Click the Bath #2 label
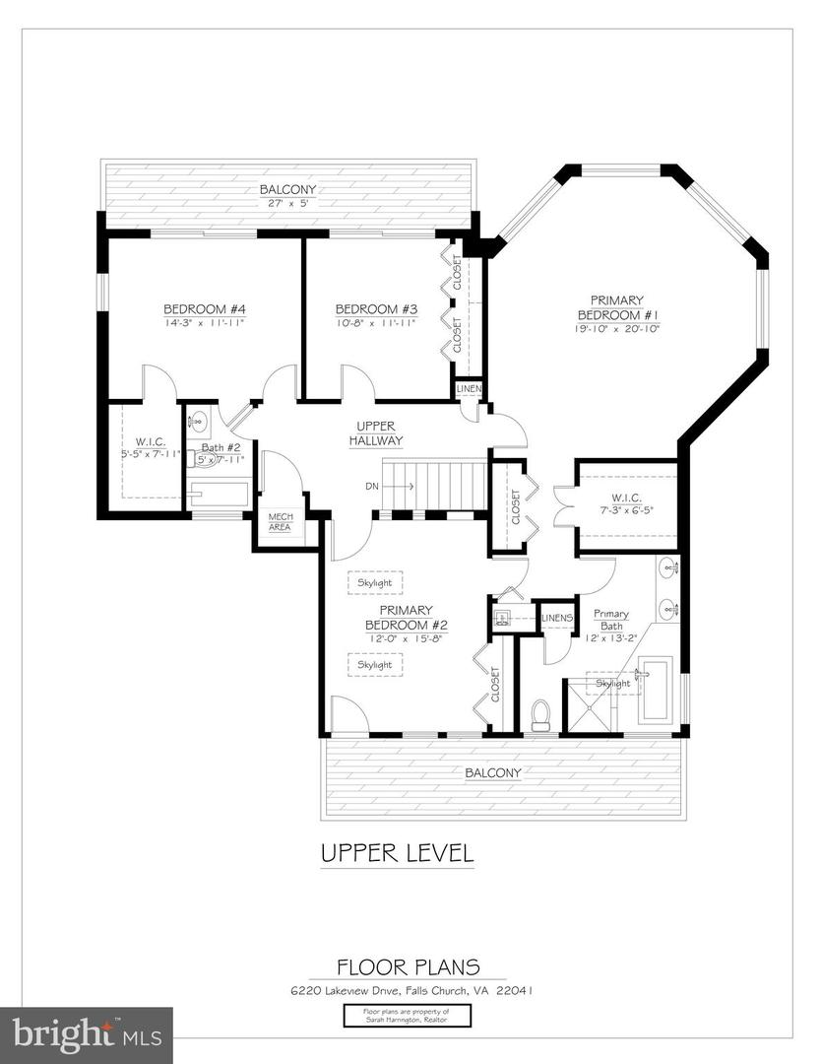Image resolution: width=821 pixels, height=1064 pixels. (214, 447)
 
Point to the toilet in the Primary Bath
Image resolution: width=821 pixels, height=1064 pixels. (539, 716)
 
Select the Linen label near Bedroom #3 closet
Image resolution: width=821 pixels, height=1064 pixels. (469, 391)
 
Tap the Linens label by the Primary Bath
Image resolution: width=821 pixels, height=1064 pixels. (557, 618)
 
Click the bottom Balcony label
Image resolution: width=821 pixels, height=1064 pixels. (493, 773)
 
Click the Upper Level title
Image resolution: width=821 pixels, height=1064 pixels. (397, 853)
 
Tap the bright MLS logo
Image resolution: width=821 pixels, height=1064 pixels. (86, 1035)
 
